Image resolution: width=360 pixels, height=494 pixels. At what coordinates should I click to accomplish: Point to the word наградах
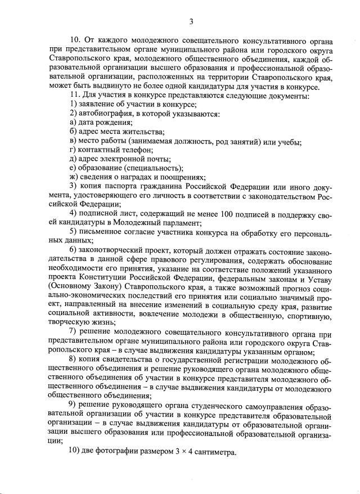pos(134,177)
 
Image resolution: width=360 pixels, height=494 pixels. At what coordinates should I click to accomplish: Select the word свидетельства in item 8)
pos(135,358)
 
